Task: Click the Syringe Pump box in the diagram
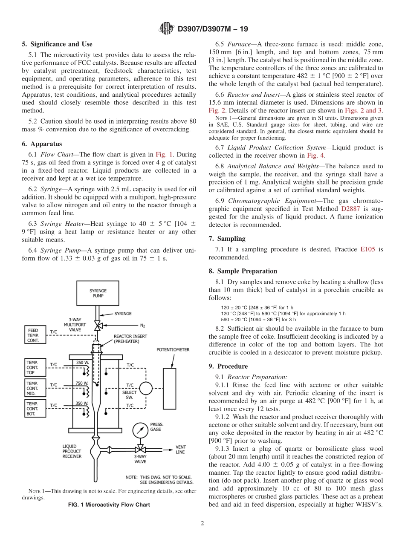pyautogui.click(x=98, y=293)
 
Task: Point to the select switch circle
pyautogui.click(x=146, y=388)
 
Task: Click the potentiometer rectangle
pyautogui.click(x=169, y=388)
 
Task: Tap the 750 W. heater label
pyautogui.click(x=82, y=383)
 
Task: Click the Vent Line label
pyautogui.click(x=180, y=450)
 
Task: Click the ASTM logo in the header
pyautogui.click(x=166, y=29)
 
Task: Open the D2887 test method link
pyautogui.click(x=350, y=209)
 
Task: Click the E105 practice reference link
pyautogui.click(x=367, y=249)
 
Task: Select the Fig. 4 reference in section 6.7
pyautogui.click(x=310, y=156)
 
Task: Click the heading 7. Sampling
pyautogui.click(x=227, y=239)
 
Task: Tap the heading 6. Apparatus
pyautogui.click(x=42, y=144)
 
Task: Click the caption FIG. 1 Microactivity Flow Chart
pyautogui.click(x=109, y=505)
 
